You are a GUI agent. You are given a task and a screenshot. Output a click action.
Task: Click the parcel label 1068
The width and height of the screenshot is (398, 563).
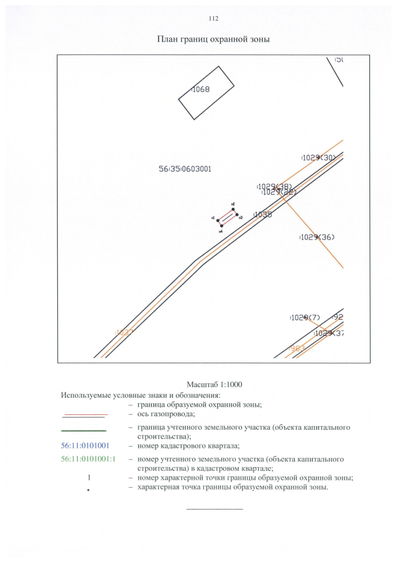point(201,90)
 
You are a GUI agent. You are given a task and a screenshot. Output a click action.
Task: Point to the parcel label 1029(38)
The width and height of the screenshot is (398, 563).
point(274,186)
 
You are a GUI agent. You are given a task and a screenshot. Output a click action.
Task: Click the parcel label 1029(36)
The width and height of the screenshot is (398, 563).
point(317,237)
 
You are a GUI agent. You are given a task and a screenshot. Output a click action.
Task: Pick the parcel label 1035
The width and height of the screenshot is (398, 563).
point(263,215)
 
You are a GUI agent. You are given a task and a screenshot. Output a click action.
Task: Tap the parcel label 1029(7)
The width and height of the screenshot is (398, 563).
point(305,317)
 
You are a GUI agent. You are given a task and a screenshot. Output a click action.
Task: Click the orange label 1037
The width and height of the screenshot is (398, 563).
point(124,332)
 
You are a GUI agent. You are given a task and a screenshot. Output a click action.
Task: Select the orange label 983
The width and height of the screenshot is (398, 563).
point(296,348)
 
